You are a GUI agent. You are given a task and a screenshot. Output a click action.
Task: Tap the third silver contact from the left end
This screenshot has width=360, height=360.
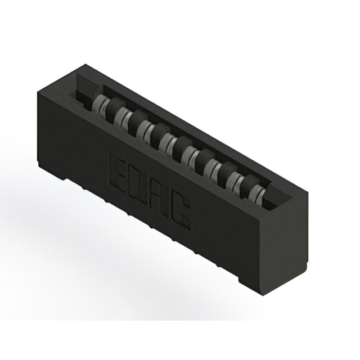coord(145,129)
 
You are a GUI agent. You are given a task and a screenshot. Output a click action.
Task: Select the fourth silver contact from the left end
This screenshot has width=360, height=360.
coord(168,142)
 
